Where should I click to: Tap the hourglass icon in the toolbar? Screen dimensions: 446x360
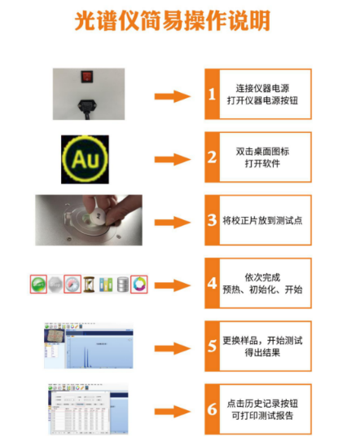[x=90, y=285]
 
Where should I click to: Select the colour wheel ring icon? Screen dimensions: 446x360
[x=139, y=285]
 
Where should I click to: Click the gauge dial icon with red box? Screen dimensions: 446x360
[x=72, y=285]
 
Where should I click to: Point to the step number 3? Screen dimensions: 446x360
[x=212, y=221]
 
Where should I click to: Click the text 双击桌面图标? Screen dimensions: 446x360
[x=263, y=151]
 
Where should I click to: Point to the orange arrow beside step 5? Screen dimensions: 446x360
[x=173, y=347]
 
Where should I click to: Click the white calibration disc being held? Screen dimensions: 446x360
[x=95, y=217]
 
